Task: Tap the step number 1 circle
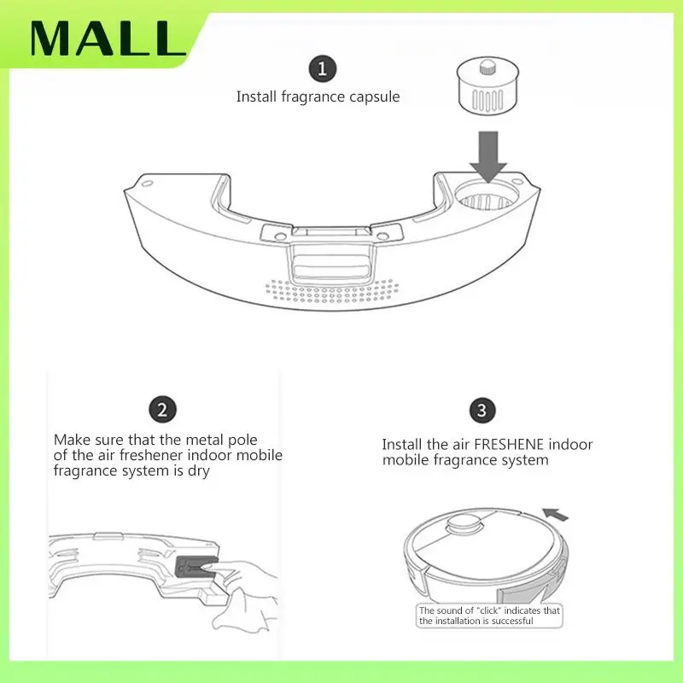point(322,68)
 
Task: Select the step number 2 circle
point(162,410)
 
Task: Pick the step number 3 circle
point(482,411)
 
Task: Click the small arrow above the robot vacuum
point(555,515)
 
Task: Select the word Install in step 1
point(257,96)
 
